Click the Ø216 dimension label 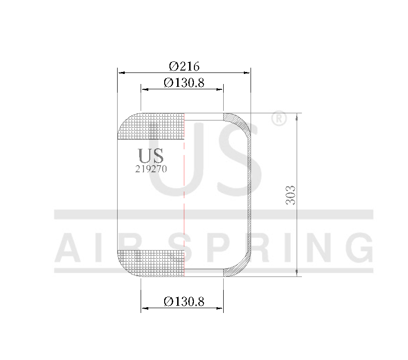pos(184,66)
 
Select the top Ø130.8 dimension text pos(184,83)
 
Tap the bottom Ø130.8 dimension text pos(184,301)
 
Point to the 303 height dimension pos(290,195)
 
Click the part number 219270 pos(151,169)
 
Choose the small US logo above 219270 pos(151,156)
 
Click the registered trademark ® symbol pos(279,119)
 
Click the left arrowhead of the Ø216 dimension pos(121,73)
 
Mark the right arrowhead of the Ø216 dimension pos(247,73)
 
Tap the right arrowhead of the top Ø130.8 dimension pos(220,89)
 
